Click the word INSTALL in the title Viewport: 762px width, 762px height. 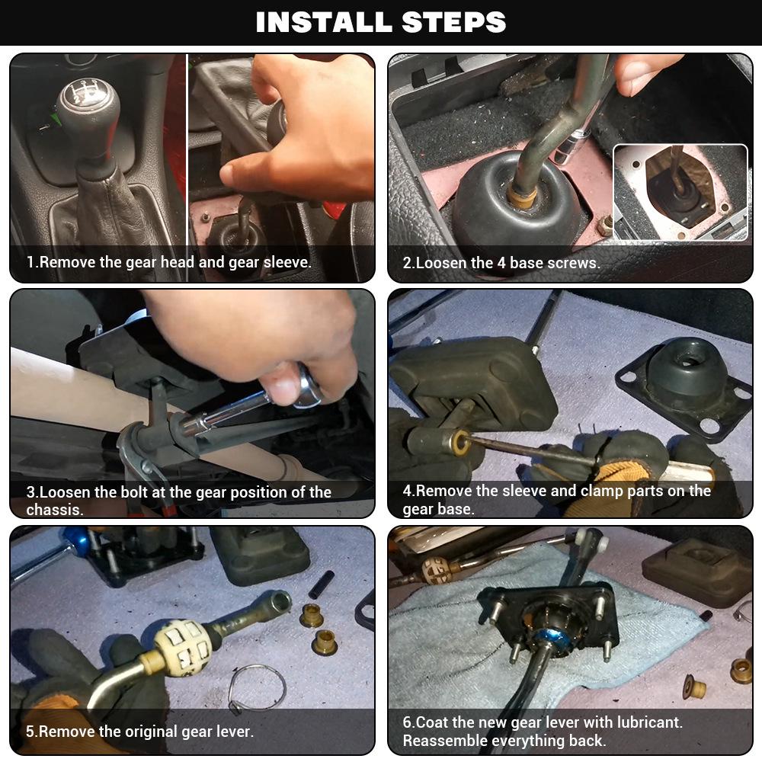(324, 22)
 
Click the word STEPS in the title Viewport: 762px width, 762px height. (454, 22)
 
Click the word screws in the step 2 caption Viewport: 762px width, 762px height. (574, 263)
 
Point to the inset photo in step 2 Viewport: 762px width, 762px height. (680, 193)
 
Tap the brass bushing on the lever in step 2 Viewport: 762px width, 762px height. (522, 195)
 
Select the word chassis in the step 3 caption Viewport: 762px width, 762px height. (54, 510)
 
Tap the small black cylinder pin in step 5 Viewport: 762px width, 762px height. (322, 584)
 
